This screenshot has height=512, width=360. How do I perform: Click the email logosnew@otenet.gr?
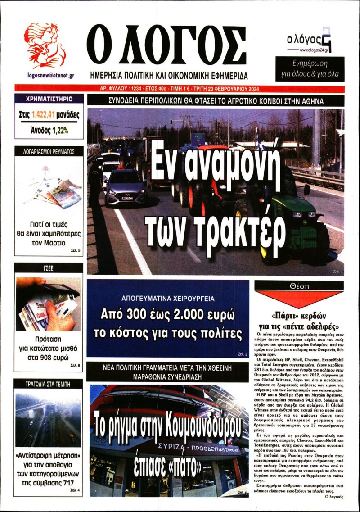coord(45,75)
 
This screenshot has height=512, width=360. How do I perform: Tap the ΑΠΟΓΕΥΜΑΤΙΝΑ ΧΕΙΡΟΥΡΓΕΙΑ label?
coord(168,298)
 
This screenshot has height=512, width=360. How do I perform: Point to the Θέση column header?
coord(298,286)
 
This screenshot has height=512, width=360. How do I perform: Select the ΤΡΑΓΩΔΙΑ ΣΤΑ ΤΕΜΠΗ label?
coord(48,384)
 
